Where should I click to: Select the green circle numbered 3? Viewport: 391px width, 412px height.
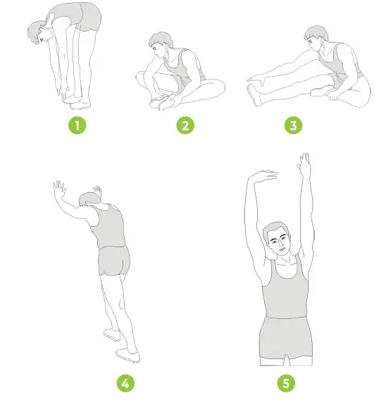pyautogui.click(x=291, y=127)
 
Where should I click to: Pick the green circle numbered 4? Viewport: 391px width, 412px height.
pyautogui.click(x=124, y=384)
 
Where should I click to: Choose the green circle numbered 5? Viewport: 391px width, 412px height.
pyautogui.click(x=286, y=384)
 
